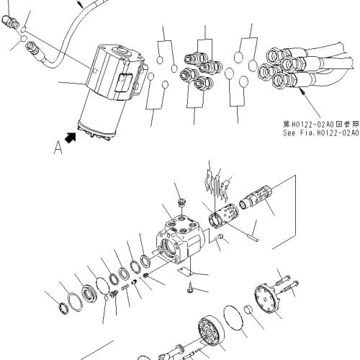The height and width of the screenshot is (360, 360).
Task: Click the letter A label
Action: (57, 149)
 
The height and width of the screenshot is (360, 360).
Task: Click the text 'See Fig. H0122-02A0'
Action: (320, 132)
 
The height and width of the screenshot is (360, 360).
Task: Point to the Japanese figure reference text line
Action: (320, 123)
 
